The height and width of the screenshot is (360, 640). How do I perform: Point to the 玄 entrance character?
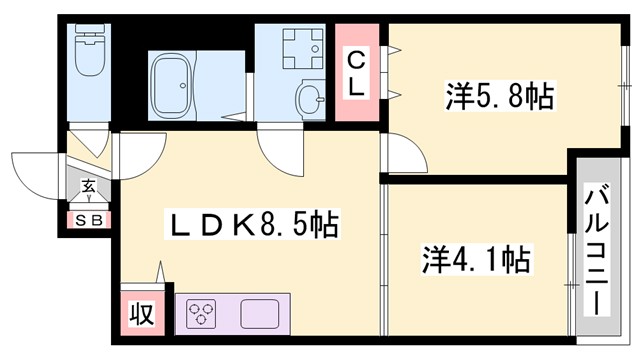tap(88, 186)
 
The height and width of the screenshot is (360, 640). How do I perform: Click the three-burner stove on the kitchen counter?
tap(201, 314)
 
